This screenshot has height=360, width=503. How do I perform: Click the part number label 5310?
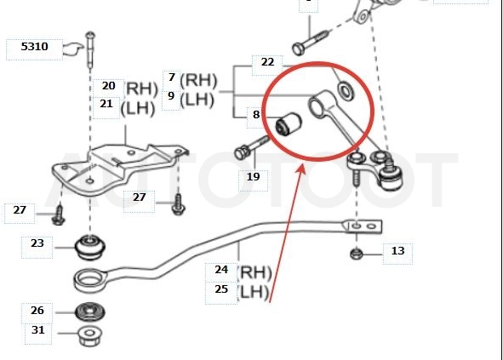[x=34, y=47]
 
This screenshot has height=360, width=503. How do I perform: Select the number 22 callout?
[x=267, y=62]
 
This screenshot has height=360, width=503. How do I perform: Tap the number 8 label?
[x=256, y=115]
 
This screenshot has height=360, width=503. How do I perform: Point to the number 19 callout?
[x=253, y=177]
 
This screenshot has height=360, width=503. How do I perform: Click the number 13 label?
[x=397, y=251]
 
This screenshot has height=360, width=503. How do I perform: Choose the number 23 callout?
[x=37, y=243]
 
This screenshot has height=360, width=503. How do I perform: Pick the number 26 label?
[x=37, y=311]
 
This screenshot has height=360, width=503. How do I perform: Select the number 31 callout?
[x=37, y=330]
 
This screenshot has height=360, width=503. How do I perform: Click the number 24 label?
[x=221, y=270]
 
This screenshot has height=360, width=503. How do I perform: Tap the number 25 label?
[x=221, y=289]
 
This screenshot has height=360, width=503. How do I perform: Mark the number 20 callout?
[x=108, y=86]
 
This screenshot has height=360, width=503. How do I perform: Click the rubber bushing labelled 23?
[x=90, y=248]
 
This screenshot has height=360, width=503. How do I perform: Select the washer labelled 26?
[x=89, y=311]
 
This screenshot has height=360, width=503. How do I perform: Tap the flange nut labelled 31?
[x=89, y=335]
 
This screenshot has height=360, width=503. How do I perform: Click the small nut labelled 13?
[x=355, y=254]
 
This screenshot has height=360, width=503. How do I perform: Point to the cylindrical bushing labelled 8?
[x=289, y=124]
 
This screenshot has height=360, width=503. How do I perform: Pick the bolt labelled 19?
[x=252, y=147]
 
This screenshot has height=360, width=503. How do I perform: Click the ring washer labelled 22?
[x=346, y=91]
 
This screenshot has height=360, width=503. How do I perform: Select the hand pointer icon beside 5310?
[x=73, y=49]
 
